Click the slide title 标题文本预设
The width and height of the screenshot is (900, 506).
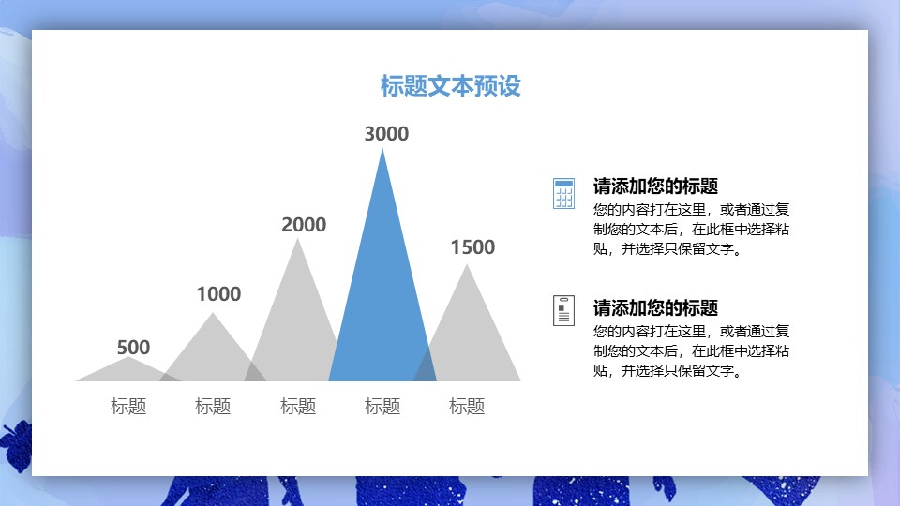[450, 86]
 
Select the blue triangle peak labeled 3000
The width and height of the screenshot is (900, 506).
[382, 300]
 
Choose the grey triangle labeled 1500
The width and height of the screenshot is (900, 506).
[469, 328]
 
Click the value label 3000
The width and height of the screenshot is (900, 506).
[386, 134]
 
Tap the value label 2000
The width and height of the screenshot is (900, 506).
[304, 225]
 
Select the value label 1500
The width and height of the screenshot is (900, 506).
[472, 247]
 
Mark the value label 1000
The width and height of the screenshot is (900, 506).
[218, 294]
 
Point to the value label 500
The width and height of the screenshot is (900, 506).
[133, 348]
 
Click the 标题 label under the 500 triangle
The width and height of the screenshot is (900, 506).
[128, 407]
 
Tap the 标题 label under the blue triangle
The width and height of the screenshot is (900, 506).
[382, 407]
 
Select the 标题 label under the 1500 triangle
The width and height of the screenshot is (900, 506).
[467, 407]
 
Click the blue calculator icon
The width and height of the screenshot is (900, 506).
[563, 193]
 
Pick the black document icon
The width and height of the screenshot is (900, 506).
[563, 310]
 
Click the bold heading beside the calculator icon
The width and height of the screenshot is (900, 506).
[655, 186]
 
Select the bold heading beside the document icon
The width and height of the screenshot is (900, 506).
[655, 307]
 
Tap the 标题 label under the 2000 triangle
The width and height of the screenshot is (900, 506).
[298, 407]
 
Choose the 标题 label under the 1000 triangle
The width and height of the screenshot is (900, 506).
[213, 407]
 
